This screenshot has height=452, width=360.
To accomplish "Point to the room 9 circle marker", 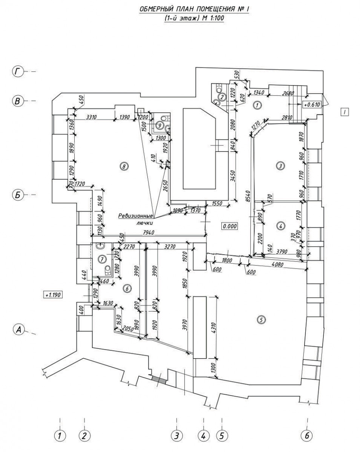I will click(159, 125).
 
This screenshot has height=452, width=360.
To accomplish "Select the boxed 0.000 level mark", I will click(229, 226).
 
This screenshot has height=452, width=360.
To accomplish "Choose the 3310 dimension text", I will click(92, 117).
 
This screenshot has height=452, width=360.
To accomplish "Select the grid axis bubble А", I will click(18, 330).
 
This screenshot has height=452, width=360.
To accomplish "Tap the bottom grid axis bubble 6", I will click(307, 435).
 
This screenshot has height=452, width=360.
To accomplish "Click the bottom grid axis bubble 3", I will click(176, 436).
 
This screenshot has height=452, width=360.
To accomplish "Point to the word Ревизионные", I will click(135, 216).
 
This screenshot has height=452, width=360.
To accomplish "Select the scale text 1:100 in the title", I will click(216, 18).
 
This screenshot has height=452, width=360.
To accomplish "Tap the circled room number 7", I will click(102, 259).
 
